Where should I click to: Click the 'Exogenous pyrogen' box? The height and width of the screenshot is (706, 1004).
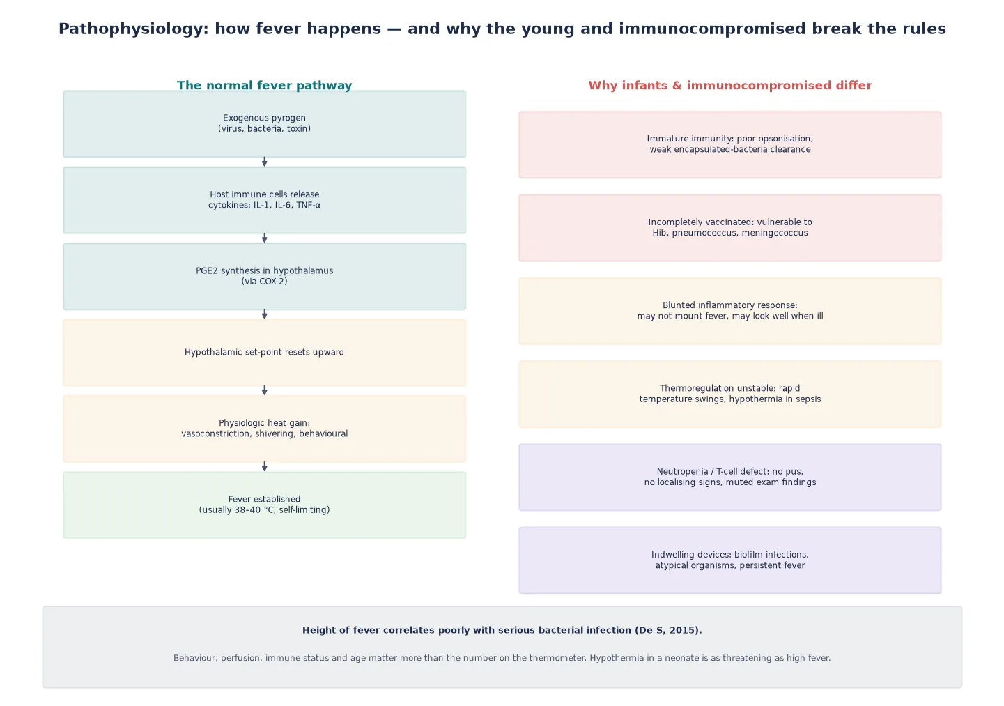click(x=265, y=124)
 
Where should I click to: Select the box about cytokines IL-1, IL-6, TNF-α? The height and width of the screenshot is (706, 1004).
click(x=265, y=200)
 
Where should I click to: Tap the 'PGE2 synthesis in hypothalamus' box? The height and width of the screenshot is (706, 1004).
click(x=265, y=276)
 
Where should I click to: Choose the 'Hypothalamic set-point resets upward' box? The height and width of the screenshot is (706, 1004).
click(x=265, y=353)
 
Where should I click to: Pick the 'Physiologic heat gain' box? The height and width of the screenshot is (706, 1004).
click(x=265, y=429)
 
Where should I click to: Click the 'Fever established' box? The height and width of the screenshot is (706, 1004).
click(x=265, y=505)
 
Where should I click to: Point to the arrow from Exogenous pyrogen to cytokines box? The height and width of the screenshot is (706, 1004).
click(x=265, y=162)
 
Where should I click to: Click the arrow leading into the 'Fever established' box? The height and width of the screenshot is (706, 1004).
click(x=265, y=467)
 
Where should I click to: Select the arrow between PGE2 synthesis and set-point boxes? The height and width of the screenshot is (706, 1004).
click(x=265, y=314)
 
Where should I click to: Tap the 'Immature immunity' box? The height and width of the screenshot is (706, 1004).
click(x=730, y=145)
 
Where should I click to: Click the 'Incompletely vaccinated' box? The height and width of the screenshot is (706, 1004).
click(x=730, y=228)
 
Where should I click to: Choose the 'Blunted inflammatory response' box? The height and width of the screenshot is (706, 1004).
click(x=730, y=311)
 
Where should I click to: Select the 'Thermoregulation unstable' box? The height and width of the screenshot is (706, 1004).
click(x=730, y=394)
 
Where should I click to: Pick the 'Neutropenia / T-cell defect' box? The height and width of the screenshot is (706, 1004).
click(x=730, y=477)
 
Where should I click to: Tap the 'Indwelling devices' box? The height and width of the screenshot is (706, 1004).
click(x=730, y=560)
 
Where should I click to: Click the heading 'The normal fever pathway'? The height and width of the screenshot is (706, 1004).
click(x=265, y=85)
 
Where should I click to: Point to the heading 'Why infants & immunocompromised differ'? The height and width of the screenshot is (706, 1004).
click(x=730, y=85)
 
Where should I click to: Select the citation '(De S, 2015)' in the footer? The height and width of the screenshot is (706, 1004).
click(x=667, y=630)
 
